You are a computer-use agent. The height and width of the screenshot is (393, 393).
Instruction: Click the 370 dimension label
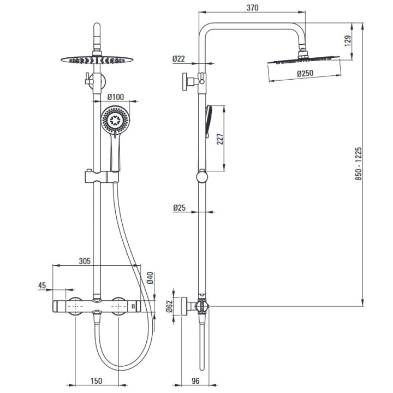[x=252, y=8]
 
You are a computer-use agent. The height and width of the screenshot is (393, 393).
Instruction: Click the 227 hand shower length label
[x=219, y=139]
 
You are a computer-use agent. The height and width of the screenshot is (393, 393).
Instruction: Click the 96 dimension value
[x=195, y=382]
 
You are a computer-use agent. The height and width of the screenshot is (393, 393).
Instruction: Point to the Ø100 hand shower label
[x=116, y=97]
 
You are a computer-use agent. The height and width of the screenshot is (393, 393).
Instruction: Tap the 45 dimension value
[x=42, y=285]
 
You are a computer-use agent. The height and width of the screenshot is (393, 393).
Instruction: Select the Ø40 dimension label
[x=150, y=278]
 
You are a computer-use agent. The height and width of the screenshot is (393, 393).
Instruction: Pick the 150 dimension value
[x=97, y=382]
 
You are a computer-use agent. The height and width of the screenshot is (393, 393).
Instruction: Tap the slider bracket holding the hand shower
[x=102, y=177]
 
